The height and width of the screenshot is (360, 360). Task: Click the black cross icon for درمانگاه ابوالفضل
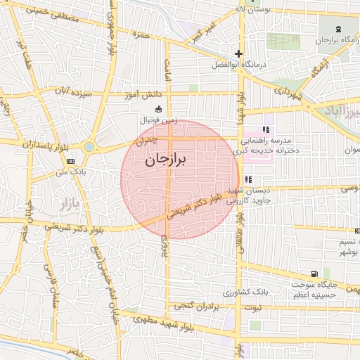(238, 53)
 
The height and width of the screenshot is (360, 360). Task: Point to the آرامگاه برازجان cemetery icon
(340, 29)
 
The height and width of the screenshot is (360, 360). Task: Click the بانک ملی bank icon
(70, 160)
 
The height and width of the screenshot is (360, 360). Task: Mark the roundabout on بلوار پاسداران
(89, 147)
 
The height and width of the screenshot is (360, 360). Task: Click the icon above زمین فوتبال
(157, 109)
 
